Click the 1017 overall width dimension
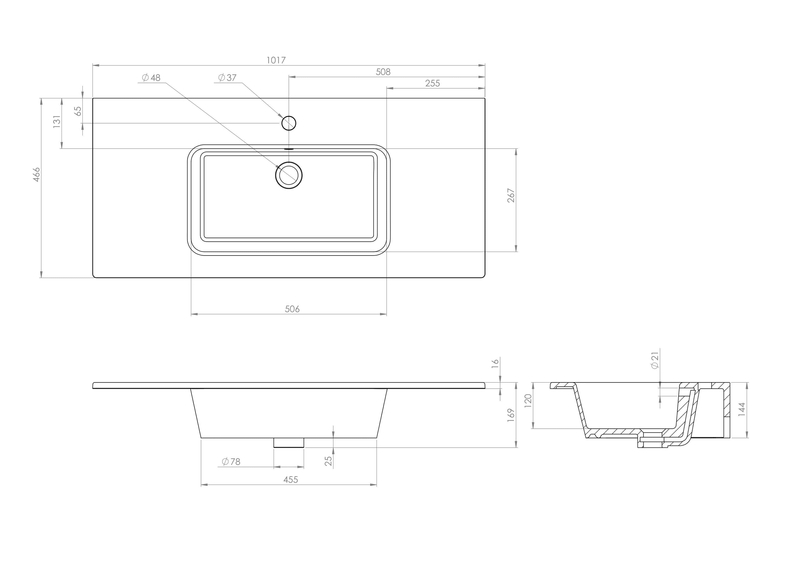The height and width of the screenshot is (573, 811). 276,60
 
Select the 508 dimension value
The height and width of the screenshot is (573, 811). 383,72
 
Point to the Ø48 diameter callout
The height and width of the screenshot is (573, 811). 151,78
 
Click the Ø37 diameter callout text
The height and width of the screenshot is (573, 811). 228,78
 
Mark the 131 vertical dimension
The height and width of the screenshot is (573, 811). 57,122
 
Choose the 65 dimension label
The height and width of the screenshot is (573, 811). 78,111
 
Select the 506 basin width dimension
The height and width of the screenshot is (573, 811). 292,309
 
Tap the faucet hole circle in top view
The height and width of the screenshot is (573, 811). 289,123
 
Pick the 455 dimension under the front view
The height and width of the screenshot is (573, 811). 291,480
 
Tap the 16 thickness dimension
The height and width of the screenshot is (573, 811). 495,363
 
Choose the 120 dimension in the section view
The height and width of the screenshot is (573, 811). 528,401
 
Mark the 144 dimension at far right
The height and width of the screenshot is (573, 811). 742,410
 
